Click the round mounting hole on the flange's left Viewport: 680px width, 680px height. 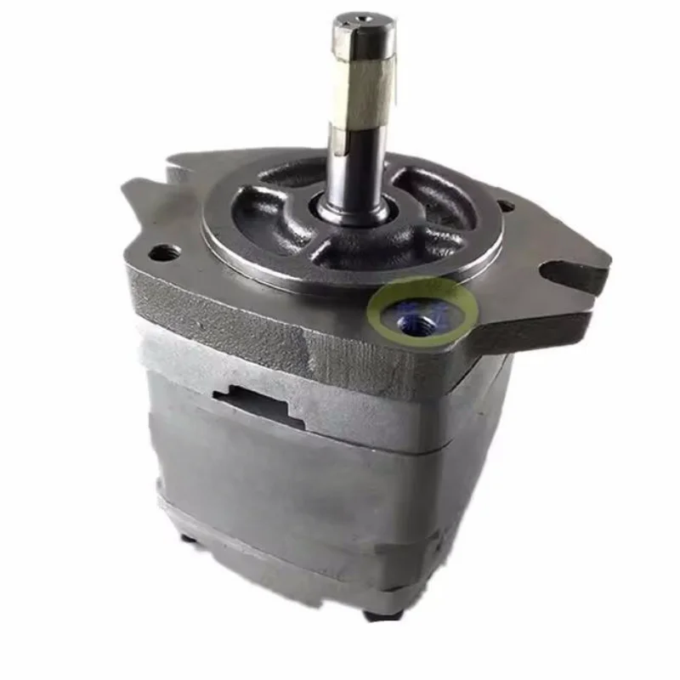coord(162,252)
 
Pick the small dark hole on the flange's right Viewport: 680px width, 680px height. coord(504,206)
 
